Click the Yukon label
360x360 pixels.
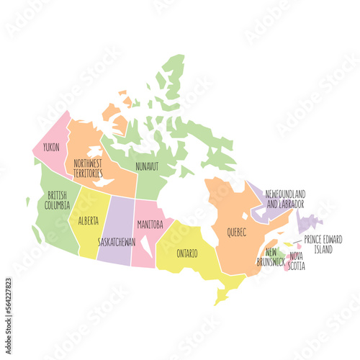coord(52,147)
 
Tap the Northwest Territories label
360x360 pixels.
coord(87,168)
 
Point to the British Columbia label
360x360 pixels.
coord(58,199)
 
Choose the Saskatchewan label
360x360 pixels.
coord(117,242)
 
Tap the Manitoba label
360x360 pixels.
coord(150,224)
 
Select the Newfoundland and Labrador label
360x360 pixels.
coord(285,198)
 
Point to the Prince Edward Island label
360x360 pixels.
coord(323,244)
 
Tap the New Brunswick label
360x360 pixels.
coord(271,257)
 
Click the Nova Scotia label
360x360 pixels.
coord(297,261)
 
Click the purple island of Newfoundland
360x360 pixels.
coord(310,221)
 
